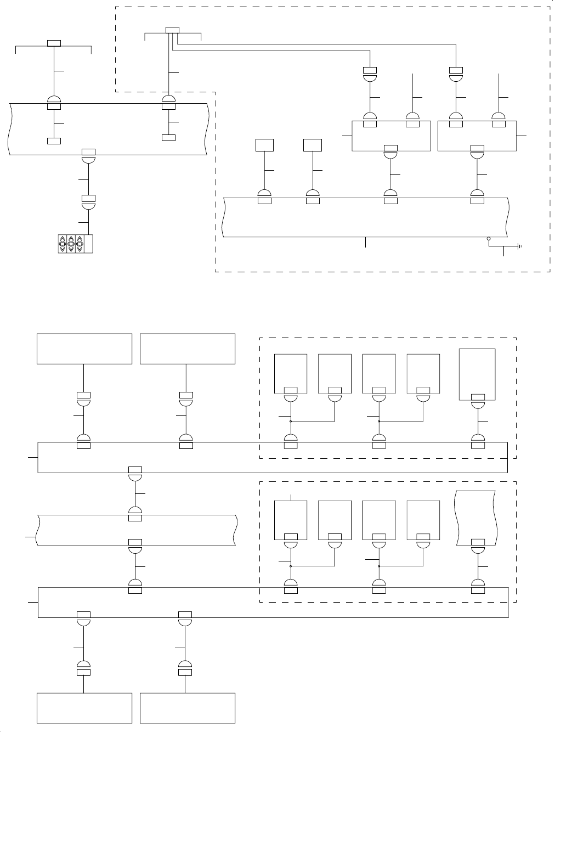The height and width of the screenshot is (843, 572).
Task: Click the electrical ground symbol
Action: point(518,246)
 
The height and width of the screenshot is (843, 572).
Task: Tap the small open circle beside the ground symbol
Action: point(489,239)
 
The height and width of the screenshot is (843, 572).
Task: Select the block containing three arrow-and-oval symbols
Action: point(76,244)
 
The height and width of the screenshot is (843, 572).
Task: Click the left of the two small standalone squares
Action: point(265,145)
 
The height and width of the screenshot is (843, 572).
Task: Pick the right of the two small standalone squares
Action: point(313,145)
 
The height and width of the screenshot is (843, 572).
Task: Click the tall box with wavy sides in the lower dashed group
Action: point(477,518)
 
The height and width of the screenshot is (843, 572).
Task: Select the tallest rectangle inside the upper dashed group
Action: point(477,374)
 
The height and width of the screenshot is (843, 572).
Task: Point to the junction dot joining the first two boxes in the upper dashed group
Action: point(290,421)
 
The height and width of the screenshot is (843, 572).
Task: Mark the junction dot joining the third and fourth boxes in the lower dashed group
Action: point(379,566)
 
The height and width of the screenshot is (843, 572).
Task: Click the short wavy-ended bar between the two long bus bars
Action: point(136,530)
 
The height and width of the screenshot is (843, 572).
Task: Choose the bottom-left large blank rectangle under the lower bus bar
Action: point(84,708)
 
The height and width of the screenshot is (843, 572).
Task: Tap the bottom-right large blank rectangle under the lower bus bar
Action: point(188,708)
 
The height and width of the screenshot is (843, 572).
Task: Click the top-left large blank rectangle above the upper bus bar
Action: point(84,349)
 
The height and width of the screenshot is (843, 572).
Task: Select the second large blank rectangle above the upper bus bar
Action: point(188,349)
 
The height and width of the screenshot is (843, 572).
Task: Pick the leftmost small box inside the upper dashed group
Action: point(290,374)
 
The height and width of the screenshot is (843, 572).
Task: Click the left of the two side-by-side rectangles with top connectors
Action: point(390,136)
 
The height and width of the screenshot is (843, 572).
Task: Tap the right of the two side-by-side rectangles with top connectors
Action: point(477,136)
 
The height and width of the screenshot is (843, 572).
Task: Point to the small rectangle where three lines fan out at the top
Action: point(172,30)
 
